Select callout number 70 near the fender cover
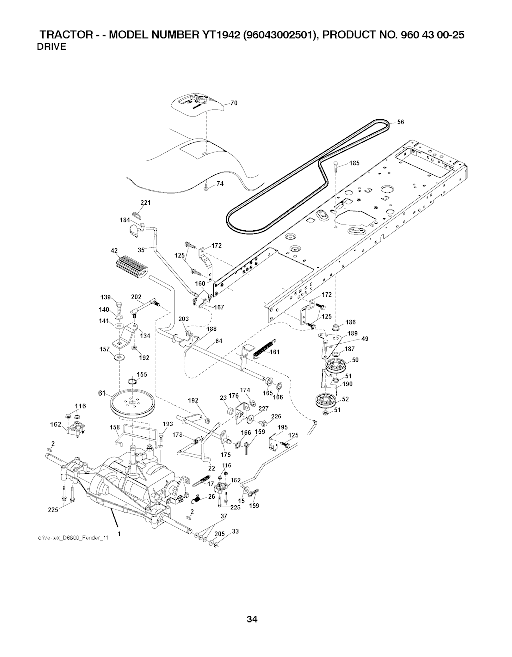pyautogui.click(x=233, y=104)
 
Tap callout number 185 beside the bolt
pyautogui.click(x=354, y=163)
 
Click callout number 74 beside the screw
pyautogui.click(x=219, y=184)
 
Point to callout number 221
pyautogui.click(x=146, y=202)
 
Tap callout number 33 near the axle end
pyautogui.click(x=236, y=531)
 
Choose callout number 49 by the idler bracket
pyautogui.click(x=365, y=339)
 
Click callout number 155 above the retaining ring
pyautogui.click(x=142, y=374)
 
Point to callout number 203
pyautogui.click(x=183, y=319)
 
